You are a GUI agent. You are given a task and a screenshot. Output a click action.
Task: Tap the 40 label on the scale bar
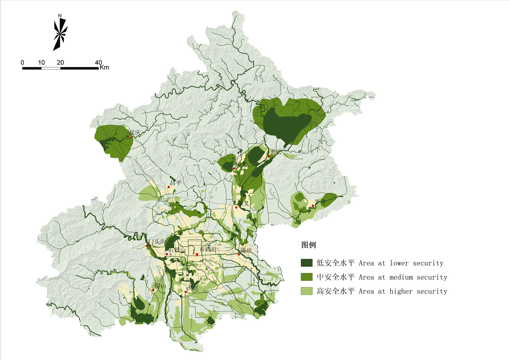pyautogui.click(x=98, y=62)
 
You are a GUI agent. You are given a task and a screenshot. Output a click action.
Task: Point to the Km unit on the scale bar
pyautogui.click(x=105, y=68)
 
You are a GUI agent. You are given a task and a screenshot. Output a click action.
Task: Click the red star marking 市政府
pyautogui.click(x=197, y=255)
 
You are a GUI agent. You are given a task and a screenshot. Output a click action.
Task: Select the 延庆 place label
pyautogui.click(x=135, y=133)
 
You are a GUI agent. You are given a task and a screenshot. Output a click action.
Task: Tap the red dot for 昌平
pyautogui.click(x=169, y=187)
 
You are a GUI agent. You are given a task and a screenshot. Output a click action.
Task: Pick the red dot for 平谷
pyautogui.click(x=313, y=206)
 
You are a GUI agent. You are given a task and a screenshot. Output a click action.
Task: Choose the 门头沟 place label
pyautogui.click(x=156, y=241)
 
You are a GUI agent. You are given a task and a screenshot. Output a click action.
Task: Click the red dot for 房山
pyautogui.click(x=153, y=291)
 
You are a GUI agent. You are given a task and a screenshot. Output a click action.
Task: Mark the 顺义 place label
pyautogui.click(x=243, y=203)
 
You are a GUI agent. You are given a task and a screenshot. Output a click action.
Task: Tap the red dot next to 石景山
pyautogui.click(x=167, y=255)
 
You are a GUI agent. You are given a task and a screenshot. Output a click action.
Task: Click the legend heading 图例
pyautogui.click(x=309, y=245)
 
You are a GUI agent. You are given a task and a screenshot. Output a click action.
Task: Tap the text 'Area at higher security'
pyautogui.click(x=403, y=291)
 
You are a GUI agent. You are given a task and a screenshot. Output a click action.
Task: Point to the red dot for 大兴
pyautogui.click(x=186, y=292)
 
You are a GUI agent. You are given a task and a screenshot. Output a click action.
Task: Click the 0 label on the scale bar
pyautogui.click(x=23, y=62)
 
